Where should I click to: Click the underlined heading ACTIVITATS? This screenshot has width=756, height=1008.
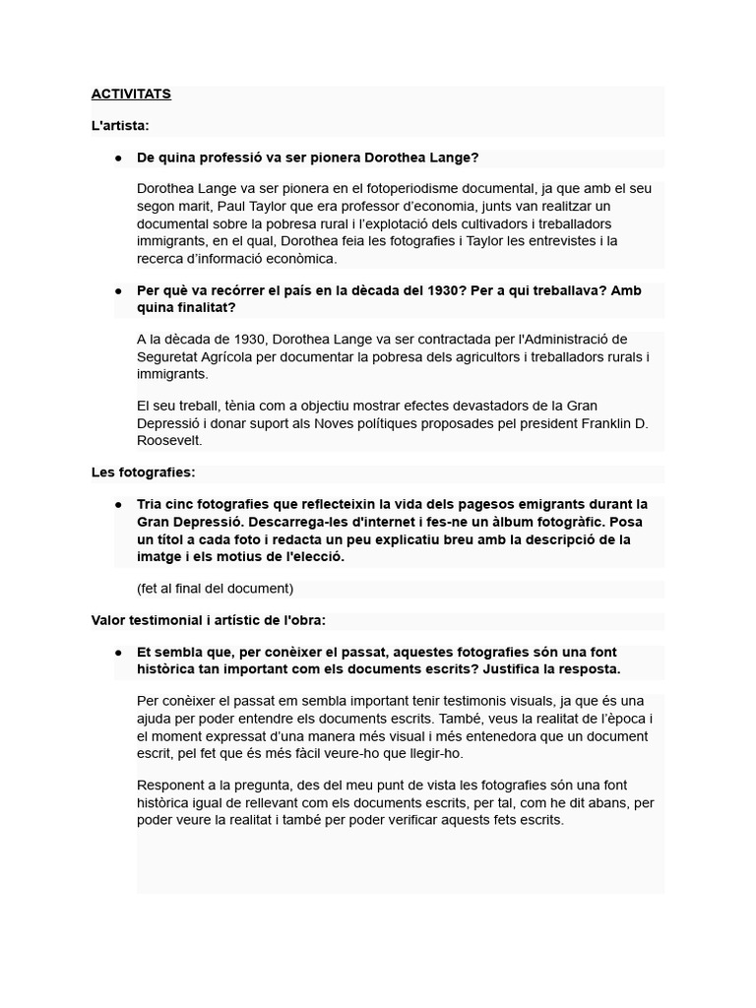pyautogui.click(x=131, y=94)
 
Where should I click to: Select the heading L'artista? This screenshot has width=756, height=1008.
pyautogui.click(x=120, y=126)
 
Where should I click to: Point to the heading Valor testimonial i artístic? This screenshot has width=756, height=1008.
pyautogui.click(x=208, y=620)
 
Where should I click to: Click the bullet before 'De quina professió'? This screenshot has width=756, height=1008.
pyautogui.click(x=118, y=157)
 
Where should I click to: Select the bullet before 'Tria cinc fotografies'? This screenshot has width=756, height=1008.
pyautogui.click(x=118, y=504)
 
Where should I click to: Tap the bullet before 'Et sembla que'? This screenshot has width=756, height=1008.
pyautogui.click(x=118, y=653)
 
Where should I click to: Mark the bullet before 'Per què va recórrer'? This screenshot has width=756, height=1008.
pyautogui.click(x=118, y=291)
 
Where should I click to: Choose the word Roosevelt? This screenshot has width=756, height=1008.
pyautogui.click(x=169, y=441)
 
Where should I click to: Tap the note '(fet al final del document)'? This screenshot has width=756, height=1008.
pyautogui.click(x=216, y=589)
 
